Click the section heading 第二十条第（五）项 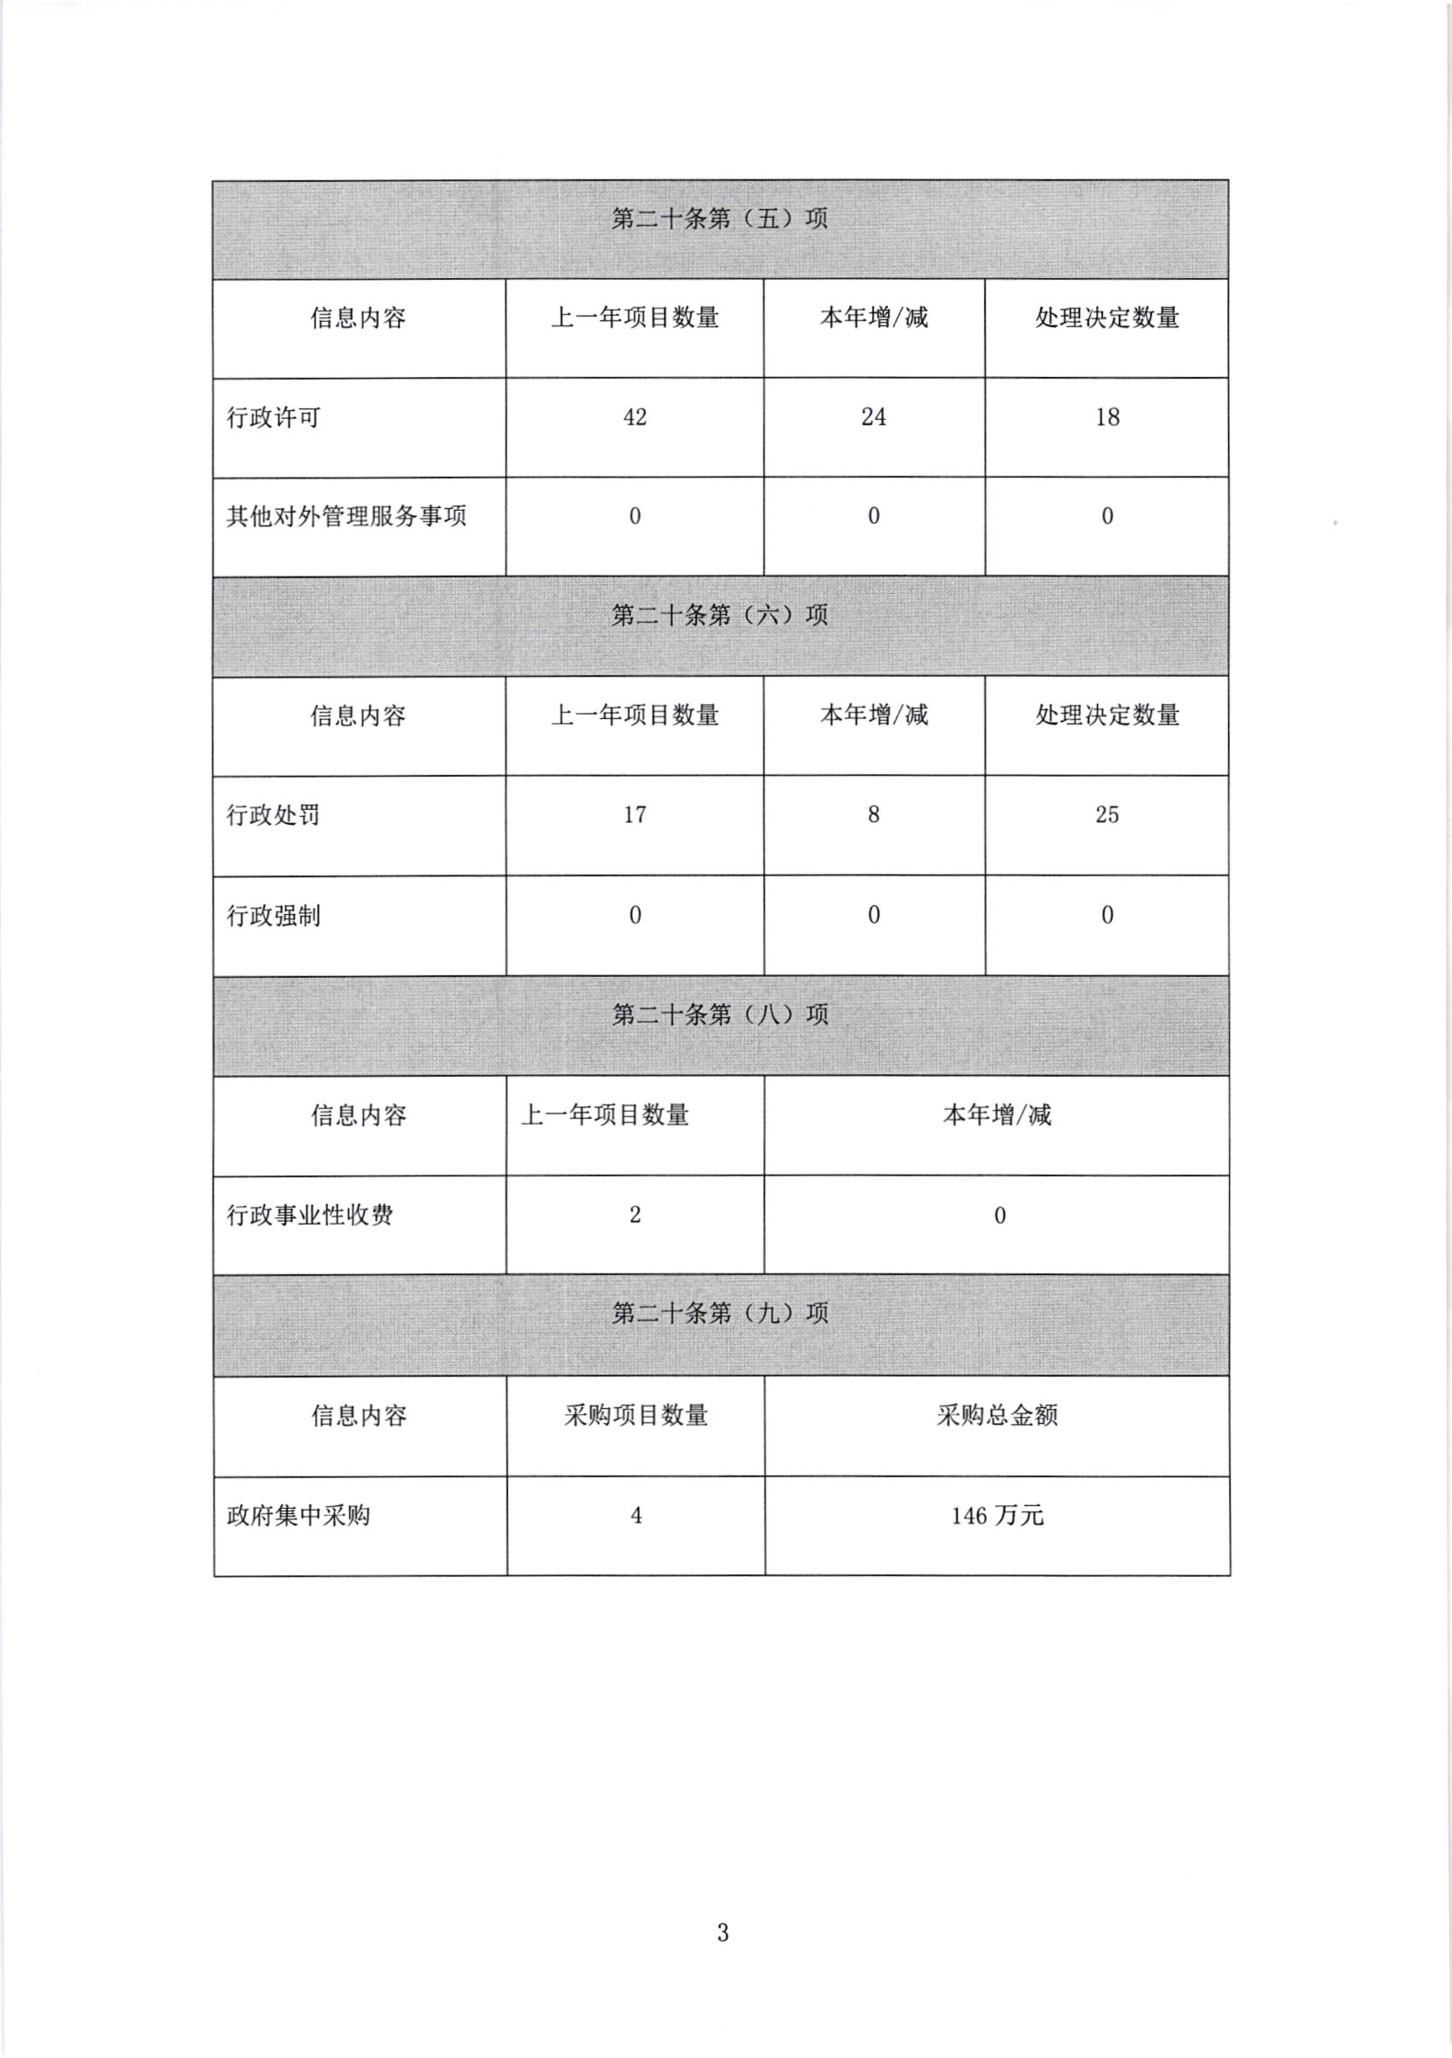pyautogui.click(x=719, y=219)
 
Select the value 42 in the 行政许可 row pyautogui.click(x=634, y=417)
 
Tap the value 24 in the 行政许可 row pyautogui.click(x=873, y=417)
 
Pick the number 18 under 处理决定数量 pyautogui.click(x=1106, y=417)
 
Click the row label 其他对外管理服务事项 pyautogui.click(x=346, y=516)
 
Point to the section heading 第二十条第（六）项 pyautogui.click(x=719, y=615)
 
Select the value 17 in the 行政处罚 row pyautogui.click(x=634, y=815)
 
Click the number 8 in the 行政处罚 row pyautogui.click(x=873, y=815)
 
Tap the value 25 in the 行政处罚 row pyautogui.click(x=1106, y=815)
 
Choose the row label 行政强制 pyautogui.click(x=274, y=916)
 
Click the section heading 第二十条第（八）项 pyautogui.click(x=719, y=1015)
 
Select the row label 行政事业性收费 pyautogui.click(x=310, y=1216)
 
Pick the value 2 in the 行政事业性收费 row pyautogui.click(x=634, y=1216)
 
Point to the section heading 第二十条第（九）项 pyautogui.click(x=719, y=1314)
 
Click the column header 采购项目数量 pyautogui.click(x=636, y=1415)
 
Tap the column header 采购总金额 pyautogui.click(x=996, y=1415)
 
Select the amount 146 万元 pyautogui.click(x=996, y=1516)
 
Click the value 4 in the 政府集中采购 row pyautogui.click(x=636, y=1516)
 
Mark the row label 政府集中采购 pyautogui.click(x=297, y=1516)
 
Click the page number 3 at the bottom pyautogui.click(x=723, y=1934)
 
